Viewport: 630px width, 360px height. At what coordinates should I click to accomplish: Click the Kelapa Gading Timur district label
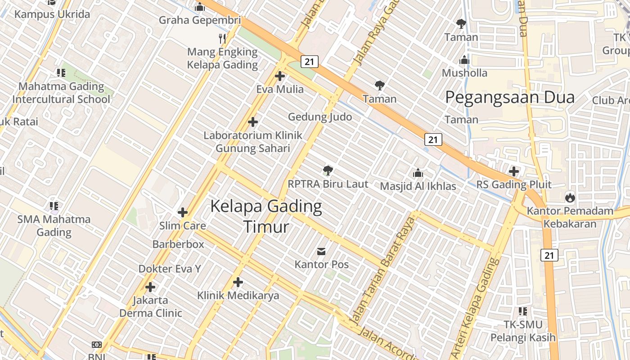(x=266, y=216)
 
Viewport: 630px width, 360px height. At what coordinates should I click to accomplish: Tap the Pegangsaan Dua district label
(x=509, y=97)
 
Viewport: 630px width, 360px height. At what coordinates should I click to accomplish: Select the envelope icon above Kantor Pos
(x=321, y=251)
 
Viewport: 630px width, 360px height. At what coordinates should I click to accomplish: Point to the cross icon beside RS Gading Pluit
(x=514, y=171)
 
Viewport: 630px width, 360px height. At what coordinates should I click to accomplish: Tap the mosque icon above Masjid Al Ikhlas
(x=418, y=173)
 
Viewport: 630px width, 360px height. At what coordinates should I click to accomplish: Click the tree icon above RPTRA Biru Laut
(x=328, y=170)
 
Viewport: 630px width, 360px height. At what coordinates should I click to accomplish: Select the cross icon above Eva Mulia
(x=280, y=76)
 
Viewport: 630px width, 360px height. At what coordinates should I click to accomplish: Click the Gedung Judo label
(x=320, y=117)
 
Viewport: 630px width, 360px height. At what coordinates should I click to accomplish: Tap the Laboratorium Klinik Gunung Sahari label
(x=253, y=142)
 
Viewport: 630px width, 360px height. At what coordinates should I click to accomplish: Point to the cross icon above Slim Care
(x=183, y=212)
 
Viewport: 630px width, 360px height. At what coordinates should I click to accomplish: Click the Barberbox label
(x=178, y=244)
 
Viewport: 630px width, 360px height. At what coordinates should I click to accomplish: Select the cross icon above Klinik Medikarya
(x=238, y=282)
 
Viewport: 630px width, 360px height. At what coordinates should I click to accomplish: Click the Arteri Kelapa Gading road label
(x=476, y=306)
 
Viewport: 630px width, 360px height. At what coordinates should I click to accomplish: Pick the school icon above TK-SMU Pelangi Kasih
(x=522, y=311)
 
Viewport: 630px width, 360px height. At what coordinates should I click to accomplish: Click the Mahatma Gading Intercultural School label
(x=61, y=93)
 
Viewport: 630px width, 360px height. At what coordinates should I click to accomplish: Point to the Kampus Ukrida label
(x=52, y=14)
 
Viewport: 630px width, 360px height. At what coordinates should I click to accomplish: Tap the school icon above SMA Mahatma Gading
(x=54, y=206)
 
